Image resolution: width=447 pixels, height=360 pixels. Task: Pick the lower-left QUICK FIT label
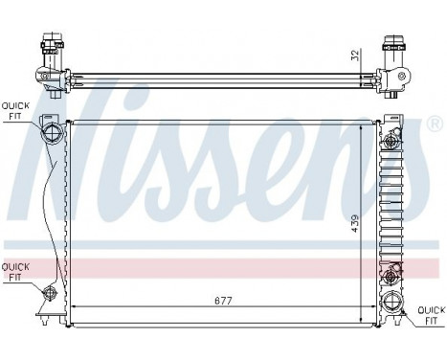point(13,273)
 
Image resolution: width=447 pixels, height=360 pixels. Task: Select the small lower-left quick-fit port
point(49,288)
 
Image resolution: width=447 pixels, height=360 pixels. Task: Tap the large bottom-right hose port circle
point(391,307)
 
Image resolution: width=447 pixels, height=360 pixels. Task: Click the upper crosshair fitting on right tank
point(391,140)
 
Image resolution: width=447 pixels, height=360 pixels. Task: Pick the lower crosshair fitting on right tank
point(391,278)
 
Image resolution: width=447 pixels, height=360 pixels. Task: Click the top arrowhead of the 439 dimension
point(361,124)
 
